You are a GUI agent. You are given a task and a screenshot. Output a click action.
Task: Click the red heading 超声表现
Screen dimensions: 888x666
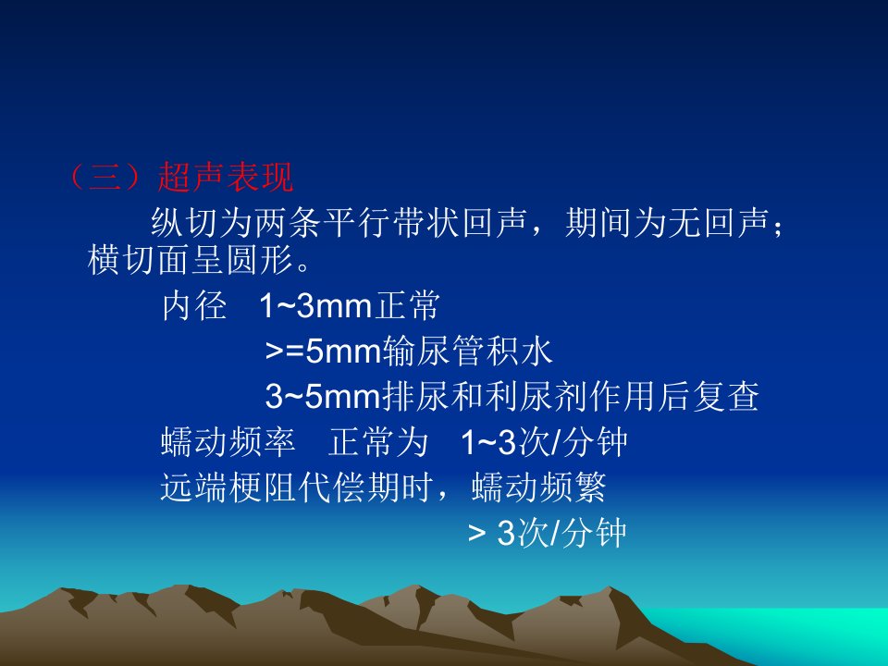(x=226, y=178)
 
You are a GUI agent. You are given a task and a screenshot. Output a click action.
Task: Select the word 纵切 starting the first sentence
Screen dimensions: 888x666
(x=185, y=222)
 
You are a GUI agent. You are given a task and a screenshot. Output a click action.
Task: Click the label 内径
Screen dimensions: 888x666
(x=194, y=306)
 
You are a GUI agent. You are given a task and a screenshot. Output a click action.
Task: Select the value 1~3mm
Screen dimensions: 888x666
(x=315, y=306)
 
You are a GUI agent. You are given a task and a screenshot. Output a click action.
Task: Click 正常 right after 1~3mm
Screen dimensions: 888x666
(x=406, y=306)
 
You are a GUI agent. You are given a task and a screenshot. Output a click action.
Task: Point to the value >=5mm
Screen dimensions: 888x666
(x=323, y=351)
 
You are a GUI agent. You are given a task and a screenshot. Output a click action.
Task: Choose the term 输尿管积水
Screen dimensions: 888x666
(x=467, y=351)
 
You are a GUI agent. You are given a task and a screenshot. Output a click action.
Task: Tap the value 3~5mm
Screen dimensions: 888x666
(x=323, y=396)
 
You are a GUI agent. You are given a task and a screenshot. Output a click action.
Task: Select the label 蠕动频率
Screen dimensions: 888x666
(x=228, y=442)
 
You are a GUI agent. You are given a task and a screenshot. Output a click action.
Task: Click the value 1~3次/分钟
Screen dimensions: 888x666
(x=544, y=442)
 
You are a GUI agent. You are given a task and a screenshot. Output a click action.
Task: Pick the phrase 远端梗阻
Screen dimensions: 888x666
(x=228, y=487)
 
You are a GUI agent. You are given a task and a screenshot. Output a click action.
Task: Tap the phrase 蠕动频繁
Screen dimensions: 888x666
(x=538, y=487)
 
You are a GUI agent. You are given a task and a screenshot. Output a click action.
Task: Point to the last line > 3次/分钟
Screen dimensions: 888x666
(x=547, y=533)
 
